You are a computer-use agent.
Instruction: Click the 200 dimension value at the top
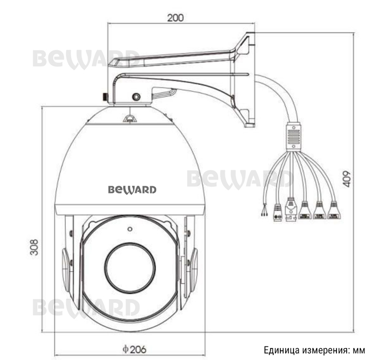point(175,17)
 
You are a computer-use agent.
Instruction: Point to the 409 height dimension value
point(347,179)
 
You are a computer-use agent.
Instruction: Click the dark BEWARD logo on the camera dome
point(132,190)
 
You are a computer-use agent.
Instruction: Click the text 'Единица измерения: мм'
point(314,350)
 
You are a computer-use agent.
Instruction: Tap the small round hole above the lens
point(130,228)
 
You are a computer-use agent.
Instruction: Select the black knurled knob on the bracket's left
point(103,97)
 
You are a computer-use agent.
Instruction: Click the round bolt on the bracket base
point(136,97)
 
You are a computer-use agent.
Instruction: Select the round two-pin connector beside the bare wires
point(277,213)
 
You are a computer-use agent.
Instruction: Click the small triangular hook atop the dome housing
point(130,117)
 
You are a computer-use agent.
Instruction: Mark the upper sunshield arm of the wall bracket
point(174,58)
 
